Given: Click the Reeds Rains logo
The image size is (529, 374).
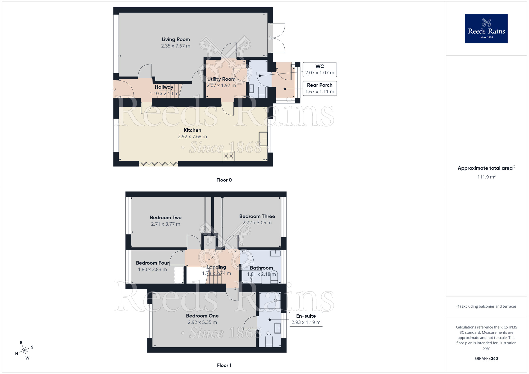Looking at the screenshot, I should tap(486, 29).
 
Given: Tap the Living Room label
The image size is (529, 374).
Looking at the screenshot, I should tap(176, 39).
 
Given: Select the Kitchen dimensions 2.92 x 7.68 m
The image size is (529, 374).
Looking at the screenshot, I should tap(192, 136).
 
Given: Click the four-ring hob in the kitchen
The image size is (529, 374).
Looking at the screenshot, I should tap(229, 156).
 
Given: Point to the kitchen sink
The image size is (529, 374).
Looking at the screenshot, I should tap(263, 139).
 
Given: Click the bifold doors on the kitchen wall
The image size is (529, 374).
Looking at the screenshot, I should tap(158, 164).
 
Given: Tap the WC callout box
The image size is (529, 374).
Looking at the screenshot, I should tap(320, 70).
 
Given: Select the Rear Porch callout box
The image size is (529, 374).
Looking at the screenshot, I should tap(320, 88).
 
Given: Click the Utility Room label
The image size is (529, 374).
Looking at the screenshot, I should tap(221, 79).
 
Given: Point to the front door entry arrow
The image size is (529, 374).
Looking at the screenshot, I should tap(114, 89).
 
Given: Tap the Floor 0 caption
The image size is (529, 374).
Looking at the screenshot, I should tap(224, 180).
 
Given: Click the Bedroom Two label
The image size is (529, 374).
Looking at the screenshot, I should tap(166, 217).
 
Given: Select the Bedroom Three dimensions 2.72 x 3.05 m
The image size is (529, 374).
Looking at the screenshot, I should tap(257, 223).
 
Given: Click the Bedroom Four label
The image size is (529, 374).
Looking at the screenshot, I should tap(152, 263).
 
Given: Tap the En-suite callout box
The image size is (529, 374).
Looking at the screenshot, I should tap(306, 319).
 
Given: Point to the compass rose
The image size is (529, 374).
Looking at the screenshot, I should tap(24, 350).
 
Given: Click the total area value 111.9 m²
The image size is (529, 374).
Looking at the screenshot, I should tap(486, 177).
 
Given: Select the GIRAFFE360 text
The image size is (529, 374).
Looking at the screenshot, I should tap(486, 359).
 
